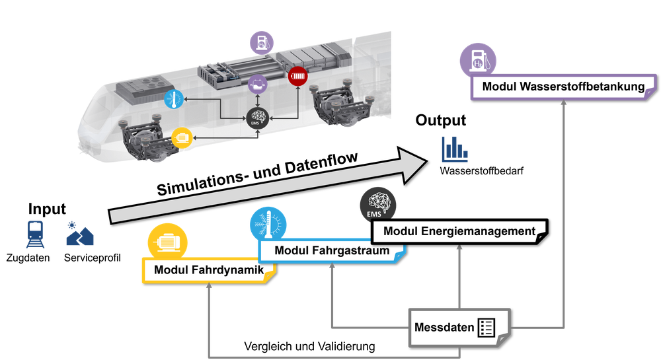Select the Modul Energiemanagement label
pos(459,231)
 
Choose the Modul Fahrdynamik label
pos(209,270)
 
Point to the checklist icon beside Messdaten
pos(486,327)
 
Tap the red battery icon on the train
pos(298,75)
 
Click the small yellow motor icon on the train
pos(180,137)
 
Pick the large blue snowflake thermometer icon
pos(268,224)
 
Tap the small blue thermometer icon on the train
pos(173,100)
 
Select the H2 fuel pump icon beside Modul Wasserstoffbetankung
pos(478,62)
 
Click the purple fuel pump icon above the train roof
pos(262,42)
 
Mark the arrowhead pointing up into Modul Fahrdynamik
pos(209,287)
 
